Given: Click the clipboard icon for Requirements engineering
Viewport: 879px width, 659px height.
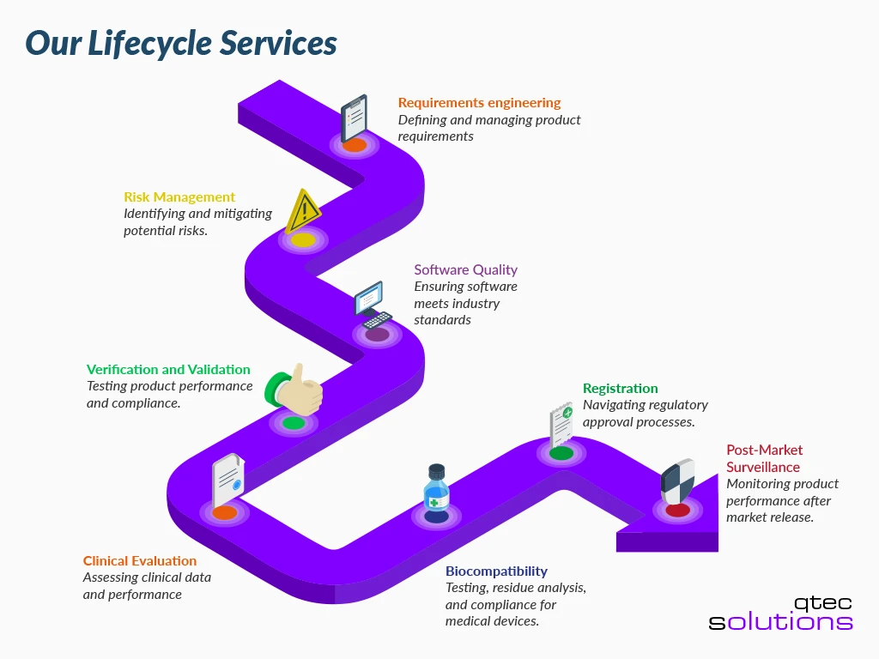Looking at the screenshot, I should pos(354,118).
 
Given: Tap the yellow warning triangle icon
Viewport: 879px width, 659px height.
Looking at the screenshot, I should pos(303,211).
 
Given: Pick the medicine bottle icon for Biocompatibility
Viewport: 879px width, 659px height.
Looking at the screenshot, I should pos(436,489).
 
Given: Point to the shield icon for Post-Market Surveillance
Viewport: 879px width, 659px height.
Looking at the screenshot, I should pos(677,482).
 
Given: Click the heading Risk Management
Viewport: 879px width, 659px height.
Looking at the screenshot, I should pos(179,197).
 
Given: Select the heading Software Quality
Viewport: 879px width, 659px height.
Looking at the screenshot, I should pos(466,269).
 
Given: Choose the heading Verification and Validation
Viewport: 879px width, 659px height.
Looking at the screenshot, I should pos(168,370).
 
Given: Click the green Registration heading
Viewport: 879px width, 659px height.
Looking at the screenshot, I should pos(620,389).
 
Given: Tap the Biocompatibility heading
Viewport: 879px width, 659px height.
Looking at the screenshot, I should pos(496,571).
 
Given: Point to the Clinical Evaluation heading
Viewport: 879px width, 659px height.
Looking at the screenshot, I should pos(140,561).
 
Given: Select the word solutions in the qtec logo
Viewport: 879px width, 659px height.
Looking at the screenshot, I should pos(780,621).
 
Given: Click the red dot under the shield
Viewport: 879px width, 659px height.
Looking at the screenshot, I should pos(677,511).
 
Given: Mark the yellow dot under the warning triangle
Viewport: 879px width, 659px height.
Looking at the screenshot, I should pos(303,240).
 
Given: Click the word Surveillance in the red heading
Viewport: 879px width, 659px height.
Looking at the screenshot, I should pos(763,467).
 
